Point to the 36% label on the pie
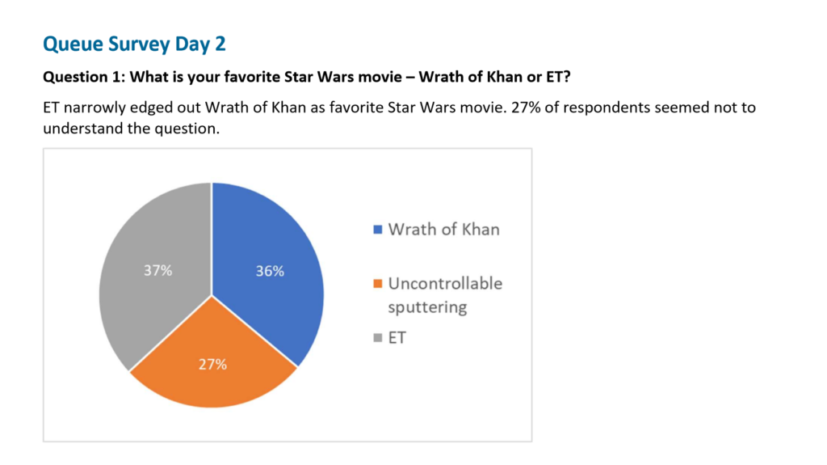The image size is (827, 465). click(270, 271)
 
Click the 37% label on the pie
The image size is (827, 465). click(158, 271)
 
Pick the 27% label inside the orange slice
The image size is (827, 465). click(213, 364)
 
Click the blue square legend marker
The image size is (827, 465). click(378, 230)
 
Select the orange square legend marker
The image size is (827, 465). click(378, 284)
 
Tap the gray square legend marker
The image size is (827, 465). click(378, 338)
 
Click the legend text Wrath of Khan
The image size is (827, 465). click(443, 230)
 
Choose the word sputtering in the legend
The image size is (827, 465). click(427, 307)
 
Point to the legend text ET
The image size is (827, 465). click(397, 338)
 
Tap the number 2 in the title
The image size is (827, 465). click(220, 44)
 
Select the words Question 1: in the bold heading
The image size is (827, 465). click(84, 77)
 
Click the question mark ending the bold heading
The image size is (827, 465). click(567, 77)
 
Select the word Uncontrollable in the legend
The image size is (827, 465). click(445, 284)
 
